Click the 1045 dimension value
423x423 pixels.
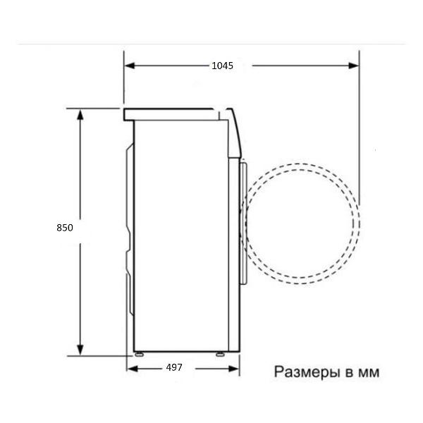[222, 66]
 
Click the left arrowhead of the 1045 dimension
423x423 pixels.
[130, 66]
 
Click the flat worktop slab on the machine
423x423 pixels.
[169, 112]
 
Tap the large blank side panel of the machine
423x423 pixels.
[182, 233]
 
